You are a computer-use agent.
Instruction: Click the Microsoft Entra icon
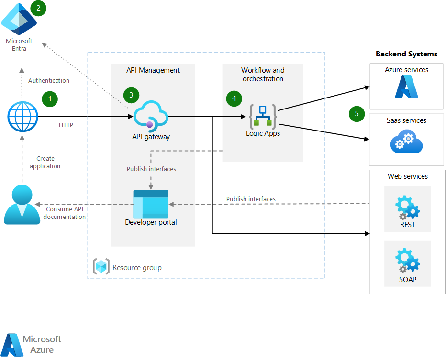click(19, 19)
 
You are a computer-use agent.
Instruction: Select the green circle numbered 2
click(38, 8)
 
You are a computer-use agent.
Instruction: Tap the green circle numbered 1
click(50, 99)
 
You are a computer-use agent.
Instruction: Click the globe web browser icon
click(22, 117)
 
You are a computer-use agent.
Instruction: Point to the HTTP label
click(66, 125)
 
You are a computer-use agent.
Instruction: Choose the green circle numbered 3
click(131, 95)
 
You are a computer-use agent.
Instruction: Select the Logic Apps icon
click(263, 117)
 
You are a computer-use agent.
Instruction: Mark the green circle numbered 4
click(234, 98)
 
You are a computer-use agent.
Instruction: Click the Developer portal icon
click(151, 204)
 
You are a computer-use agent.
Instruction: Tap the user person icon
click(22, 205)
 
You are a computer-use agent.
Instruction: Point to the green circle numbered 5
click(357, 114)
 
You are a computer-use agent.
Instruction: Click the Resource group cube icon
click(101, 267)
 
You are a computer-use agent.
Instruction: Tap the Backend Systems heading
click(406, 54)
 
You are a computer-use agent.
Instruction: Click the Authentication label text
click(49, 81)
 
